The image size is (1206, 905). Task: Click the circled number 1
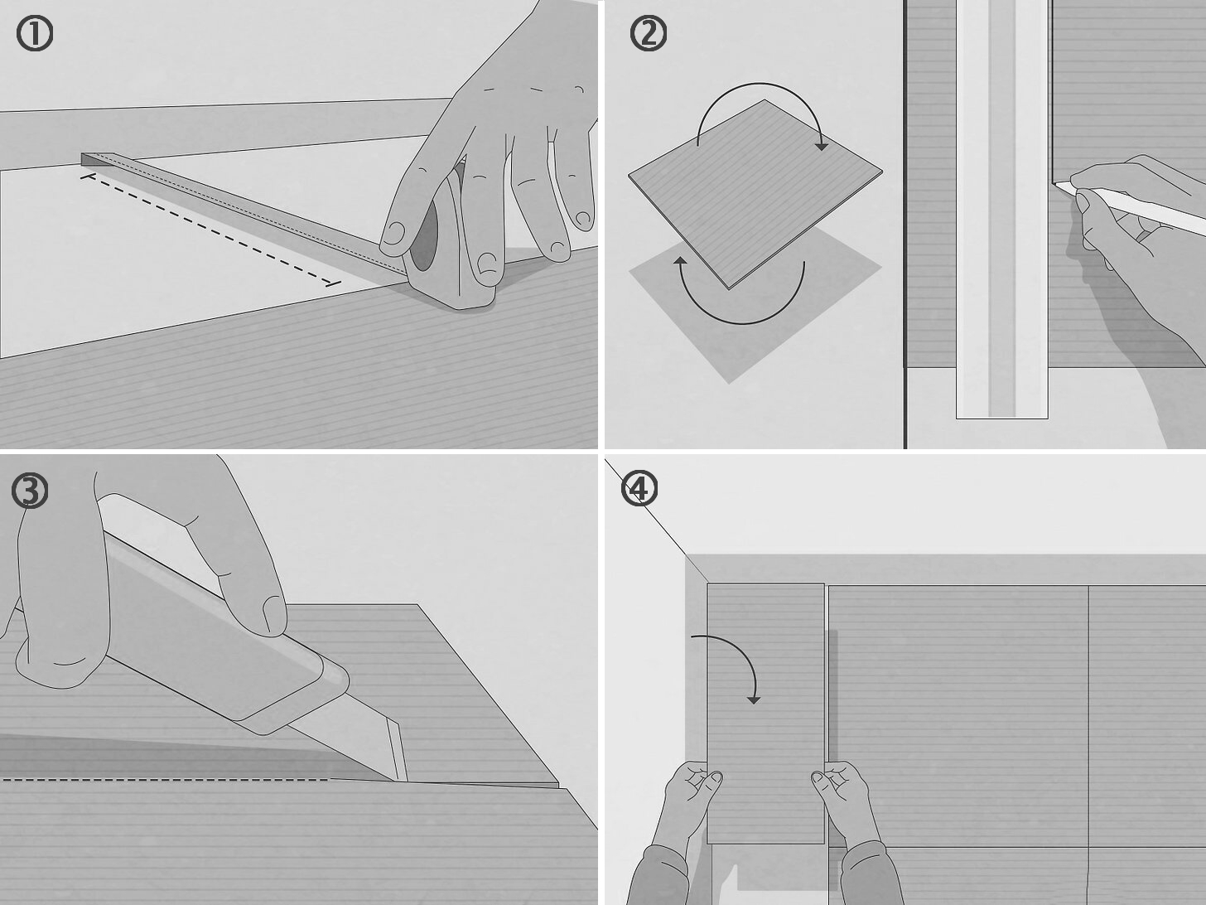35,33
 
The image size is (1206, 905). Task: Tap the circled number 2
649,33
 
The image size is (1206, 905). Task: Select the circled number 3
30,491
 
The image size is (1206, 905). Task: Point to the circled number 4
639,488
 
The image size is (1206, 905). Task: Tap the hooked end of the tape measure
88,160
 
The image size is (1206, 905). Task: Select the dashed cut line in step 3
165,780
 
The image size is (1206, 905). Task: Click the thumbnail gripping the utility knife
273,616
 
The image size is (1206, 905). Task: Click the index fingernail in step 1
393,233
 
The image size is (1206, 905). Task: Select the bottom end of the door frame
1001,419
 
